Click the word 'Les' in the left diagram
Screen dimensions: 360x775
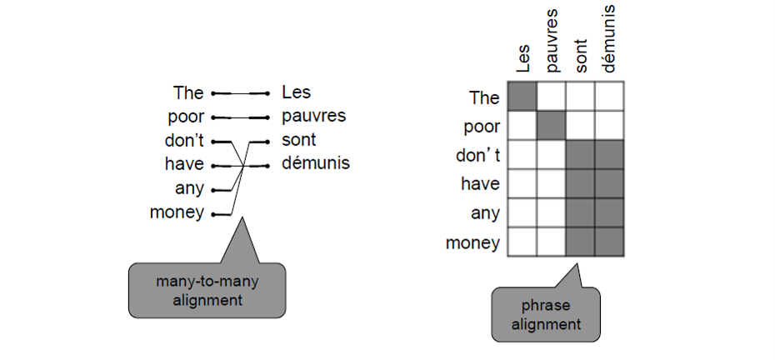pos(297,92)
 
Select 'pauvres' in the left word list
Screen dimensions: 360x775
pos(313,116)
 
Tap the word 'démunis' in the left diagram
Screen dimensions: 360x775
pos(316,163)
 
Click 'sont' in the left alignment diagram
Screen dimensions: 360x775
pos(299,139)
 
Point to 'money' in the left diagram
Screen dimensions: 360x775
pos(177,212)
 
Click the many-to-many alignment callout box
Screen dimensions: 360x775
pos(207,289)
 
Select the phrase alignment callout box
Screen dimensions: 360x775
pos(546,314)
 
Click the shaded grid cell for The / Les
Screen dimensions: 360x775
pos(522,97)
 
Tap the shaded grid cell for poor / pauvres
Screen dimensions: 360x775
pos(551,126)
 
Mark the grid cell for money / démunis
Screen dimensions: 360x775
pos(609,242)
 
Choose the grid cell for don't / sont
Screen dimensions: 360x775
pos(580,155)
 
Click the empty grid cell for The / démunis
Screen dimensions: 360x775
pos(609,97)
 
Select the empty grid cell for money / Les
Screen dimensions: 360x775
pos(522,242)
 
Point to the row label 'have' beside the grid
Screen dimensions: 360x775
pos(481,184)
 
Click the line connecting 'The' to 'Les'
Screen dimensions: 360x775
pos(240,92)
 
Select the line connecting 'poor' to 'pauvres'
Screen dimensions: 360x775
pos(240,117)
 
